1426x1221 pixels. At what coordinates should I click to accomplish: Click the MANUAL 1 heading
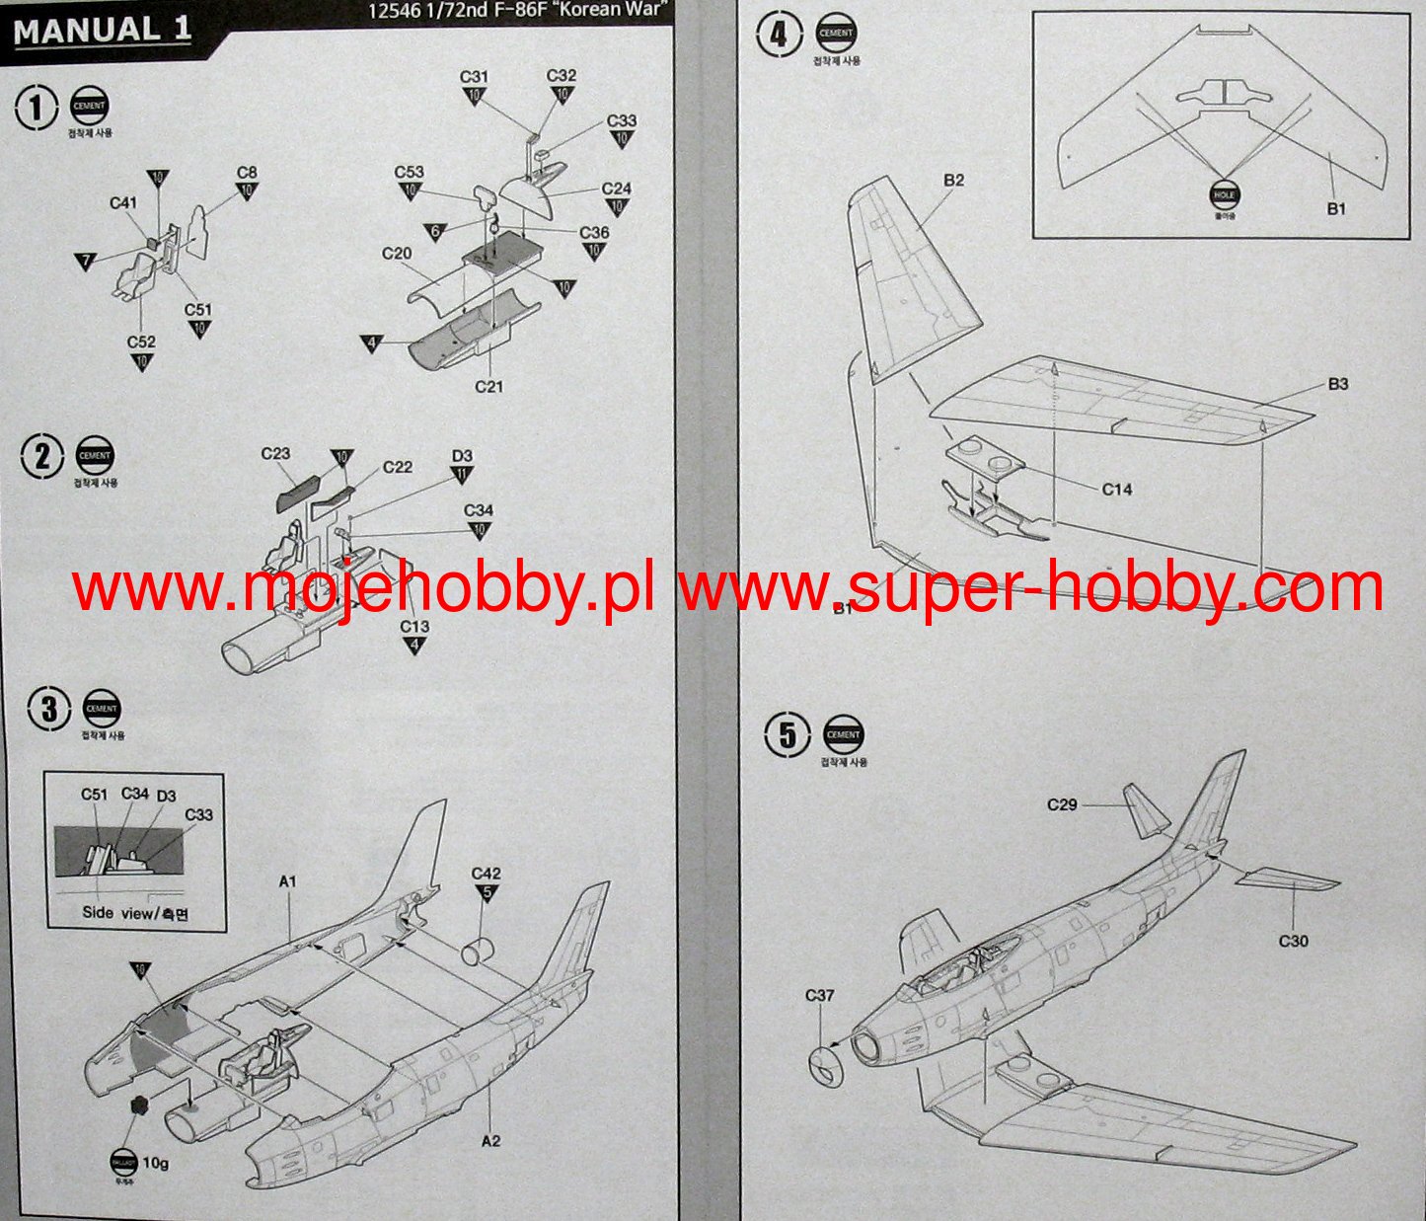coord(102,30)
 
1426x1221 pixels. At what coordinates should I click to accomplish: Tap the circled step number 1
coord(37,107)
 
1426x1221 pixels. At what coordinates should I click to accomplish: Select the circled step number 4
coord(779,37)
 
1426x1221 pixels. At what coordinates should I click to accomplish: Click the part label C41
coord(123,203)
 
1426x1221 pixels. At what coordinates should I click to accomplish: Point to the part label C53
coord(409,172)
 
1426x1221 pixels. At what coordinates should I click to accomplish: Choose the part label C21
coord(489,387)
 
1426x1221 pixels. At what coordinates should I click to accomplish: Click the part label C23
coord(275,454)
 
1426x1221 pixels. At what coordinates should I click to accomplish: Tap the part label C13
coord(414,627)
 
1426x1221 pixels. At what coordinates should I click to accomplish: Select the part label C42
coord(486,874)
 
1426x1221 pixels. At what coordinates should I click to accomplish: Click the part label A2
coord(490,1141)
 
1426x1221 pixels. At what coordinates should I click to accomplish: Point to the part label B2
coord(953,180)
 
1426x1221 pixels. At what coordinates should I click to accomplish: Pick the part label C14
coord(1117,489)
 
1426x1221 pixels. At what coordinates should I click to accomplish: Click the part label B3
coord(1337,384)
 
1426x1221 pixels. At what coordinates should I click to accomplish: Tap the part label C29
coord(1062,804)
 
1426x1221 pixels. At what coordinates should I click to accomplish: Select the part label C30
coord(1293,941)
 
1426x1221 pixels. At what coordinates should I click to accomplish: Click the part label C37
coord(820,995)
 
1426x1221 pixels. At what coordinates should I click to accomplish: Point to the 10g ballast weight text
coord(155,1163)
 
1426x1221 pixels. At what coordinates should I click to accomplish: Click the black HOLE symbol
coord(1224,195)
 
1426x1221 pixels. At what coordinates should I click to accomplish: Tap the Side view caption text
coord(135,913)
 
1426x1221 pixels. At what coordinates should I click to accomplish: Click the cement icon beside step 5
coord(843,734)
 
